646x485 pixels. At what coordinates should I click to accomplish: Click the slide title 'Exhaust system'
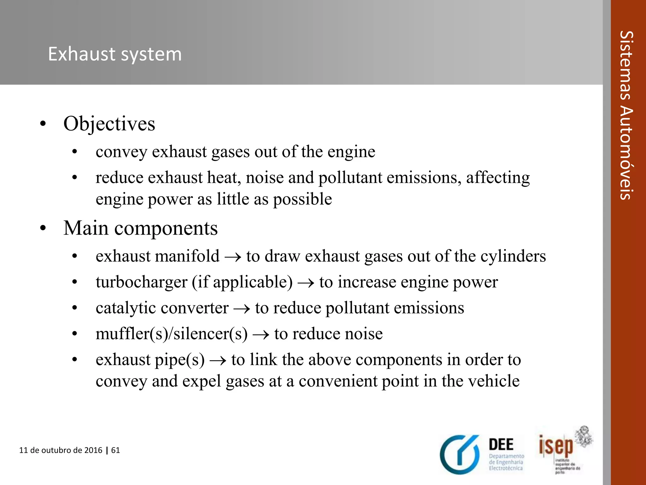pos(115,54)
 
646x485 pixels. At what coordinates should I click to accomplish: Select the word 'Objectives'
pos(109,123)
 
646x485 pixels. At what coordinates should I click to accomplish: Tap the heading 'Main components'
pos(140,228)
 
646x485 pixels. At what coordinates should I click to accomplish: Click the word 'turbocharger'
pos(142,282)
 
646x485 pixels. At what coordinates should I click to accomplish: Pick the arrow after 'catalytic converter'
pos(242,308)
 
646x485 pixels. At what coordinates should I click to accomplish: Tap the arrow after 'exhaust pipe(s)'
pos(218,360)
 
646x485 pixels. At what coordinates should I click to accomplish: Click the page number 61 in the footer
pos(115,450)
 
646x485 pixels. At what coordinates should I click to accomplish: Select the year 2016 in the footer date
pos(93,450)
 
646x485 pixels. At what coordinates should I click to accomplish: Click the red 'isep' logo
pos(555,446)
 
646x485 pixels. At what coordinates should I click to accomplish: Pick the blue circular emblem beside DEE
pos(460,455)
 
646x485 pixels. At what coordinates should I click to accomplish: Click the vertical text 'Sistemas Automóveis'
pos(626,115)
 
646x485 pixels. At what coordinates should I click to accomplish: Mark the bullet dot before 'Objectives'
pos(43,124)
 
